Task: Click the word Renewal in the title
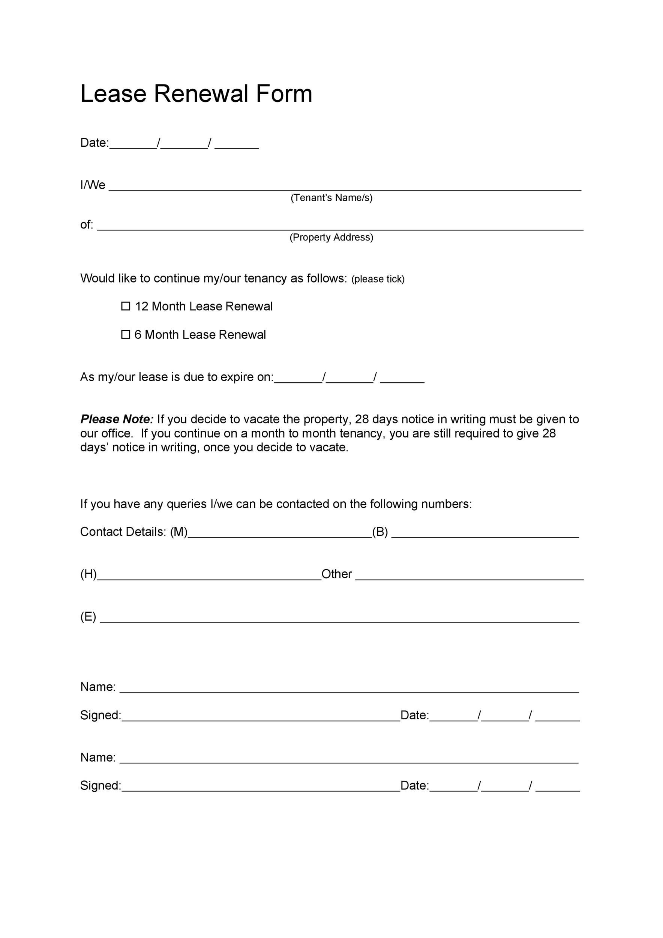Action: [201, 93]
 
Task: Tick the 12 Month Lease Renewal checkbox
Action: [126, 306]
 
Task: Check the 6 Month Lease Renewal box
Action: [126, 334]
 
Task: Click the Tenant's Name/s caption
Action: [331, 198]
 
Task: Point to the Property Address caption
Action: [331, 238]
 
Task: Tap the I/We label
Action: [93, 185]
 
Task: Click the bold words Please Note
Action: [117, 419]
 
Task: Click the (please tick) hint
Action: [378, 279]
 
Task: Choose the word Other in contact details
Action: [336, 574]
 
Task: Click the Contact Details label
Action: [123, 532]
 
